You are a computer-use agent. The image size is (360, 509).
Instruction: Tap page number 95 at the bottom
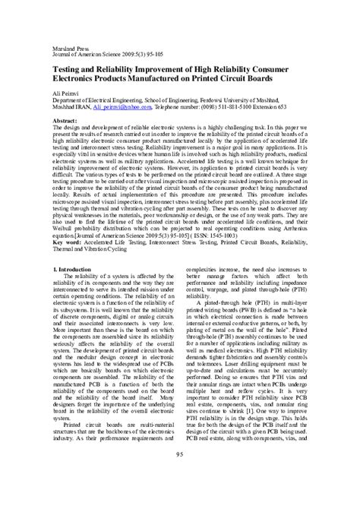[180, 476]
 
